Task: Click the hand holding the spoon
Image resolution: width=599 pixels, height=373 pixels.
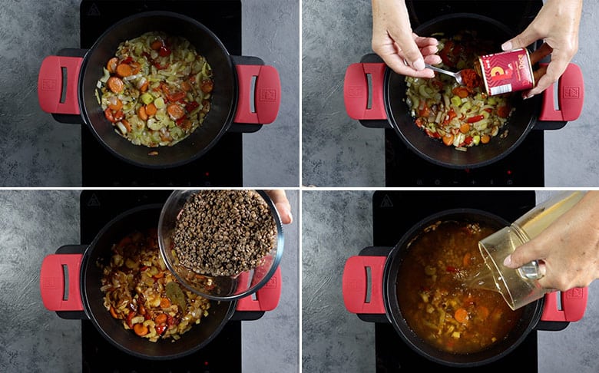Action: (399, 38)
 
